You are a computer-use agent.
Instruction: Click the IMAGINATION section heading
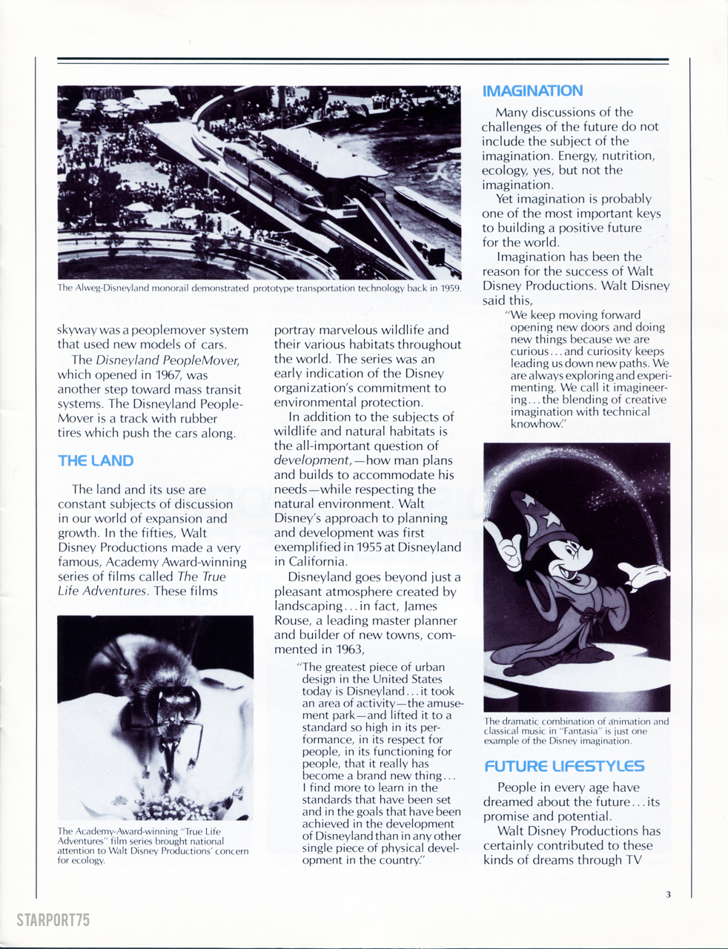click(532, 91)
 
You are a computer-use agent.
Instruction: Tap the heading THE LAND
click(96, 460)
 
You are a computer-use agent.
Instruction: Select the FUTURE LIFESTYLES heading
click(564, 767)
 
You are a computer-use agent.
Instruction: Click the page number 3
click(668, 894)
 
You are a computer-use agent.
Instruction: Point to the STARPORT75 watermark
click(53, 920)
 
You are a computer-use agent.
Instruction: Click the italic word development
click(311, 460)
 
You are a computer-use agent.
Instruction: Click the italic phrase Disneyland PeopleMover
click(168, 360)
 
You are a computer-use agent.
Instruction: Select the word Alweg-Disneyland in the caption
click(112, 288)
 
